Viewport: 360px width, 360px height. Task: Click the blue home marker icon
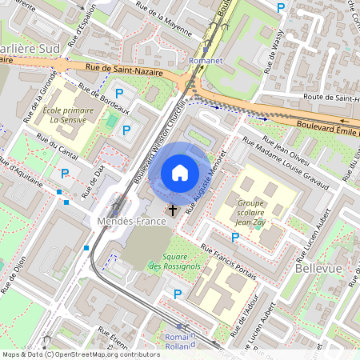[x=180, y=172]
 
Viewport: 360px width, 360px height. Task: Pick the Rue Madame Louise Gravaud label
[x=286, y=163]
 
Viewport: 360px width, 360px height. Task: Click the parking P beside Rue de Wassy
[x=280, y=8]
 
